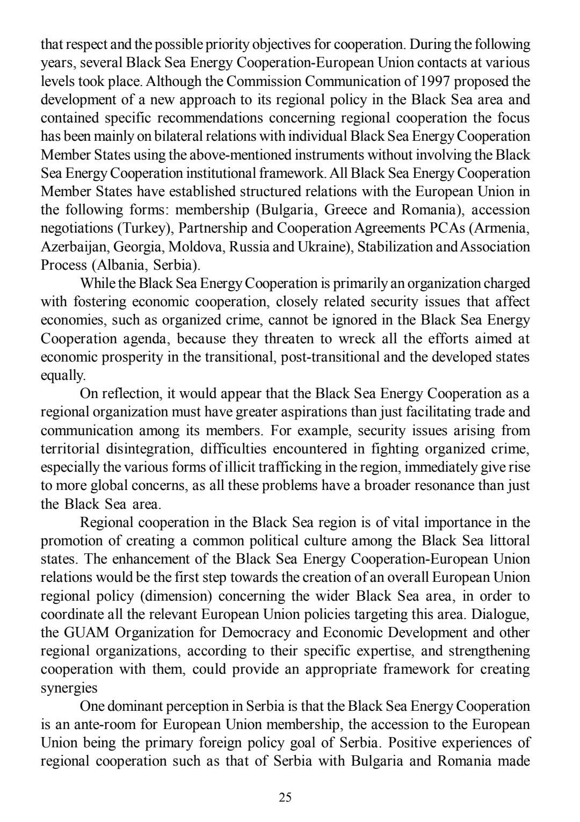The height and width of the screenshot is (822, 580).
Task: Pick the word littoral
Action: [505, 540]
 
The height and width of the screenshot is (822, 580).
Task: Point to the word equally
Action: [63, 375]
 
